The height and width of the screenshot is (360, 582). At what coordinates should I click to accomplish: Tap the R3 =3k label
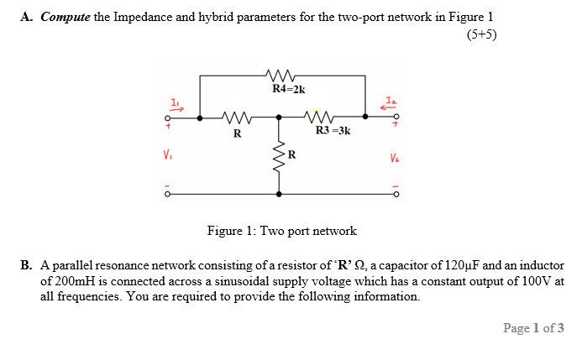tap(333, 131)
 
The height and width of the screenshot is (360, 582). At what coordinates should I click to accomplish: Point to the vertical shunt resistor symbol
tap(279, 155)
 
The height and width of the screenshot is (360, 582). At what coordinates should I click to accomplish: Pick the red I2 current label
tap(389, 102)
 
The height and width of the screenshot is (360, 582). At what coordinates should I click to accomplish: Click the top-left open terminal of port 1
tap(168, 118)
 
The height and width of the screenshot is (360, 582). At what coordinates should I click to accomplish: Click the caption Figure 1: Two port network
tap(282, 230)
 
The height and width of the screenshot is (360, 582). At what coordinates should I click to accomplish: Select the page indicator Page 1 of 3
tap(533, 328)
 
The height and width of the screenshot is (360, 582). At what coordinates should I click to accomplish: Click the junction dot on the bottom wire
tap(279, 195)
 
